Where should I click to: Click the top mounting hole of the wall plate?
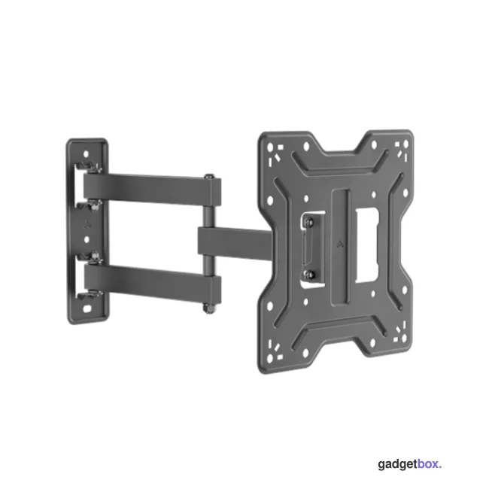pos(86,153)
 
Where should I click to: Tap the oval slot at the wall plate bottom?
pos(87,309)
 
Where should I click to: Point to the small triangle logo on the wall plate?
pos(87,224)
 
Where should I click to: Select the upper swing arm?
pos(152,190)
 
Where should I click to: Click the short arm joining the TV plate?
pos(235,241)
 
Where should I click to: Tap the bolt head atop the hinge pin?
pos(208,176)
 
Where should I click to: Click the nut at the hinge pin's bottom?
pos(208,308)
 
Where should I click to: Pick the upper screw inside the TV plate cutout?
pos(308,221)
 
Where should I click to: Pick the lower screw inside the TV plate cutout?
pos(308,275)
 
